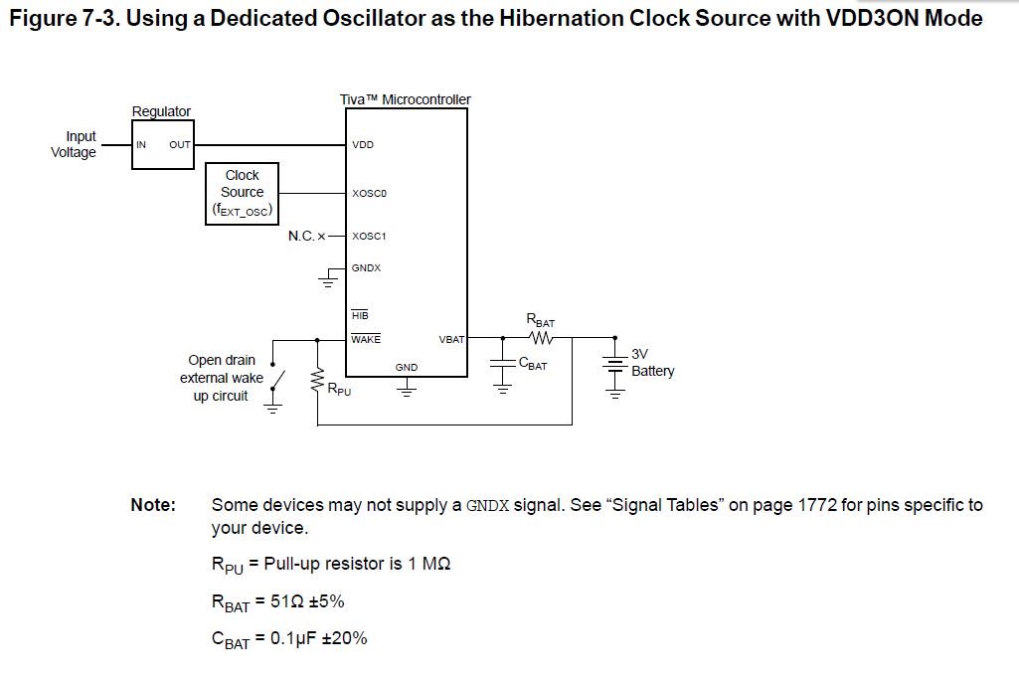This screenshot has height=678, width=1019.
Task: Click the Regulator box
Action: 163,145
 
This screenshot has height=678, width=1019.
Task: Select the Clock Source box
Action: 242,193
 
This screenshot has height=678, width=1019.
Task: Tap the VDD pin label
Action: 363,145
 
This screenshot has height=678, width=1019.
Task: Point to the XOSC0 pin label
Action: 369,193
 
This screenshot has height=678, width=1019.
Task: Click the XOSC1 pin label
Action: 369,237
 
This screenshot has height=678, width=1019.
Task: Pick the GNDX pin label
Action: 366,268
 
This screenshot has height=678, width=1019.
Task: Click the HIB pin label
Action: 360,315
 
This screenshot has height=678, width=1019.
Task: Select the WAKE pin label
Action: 366,339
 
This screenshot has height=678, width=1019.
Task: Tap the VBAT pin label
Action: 451,339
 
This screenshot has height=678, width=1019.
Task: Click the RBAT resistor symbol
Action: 541,338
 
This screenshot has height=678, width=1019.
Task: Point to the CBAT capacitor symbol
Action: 503,365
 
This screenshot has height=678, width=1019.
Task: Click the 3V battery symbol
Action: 615,365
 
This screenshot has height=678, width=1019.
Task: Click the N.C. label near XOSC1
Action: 301,237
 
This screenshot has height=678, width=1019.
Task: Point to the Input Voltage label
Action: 76,144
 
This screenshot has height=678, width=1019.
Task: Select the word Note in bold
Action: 153,505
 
